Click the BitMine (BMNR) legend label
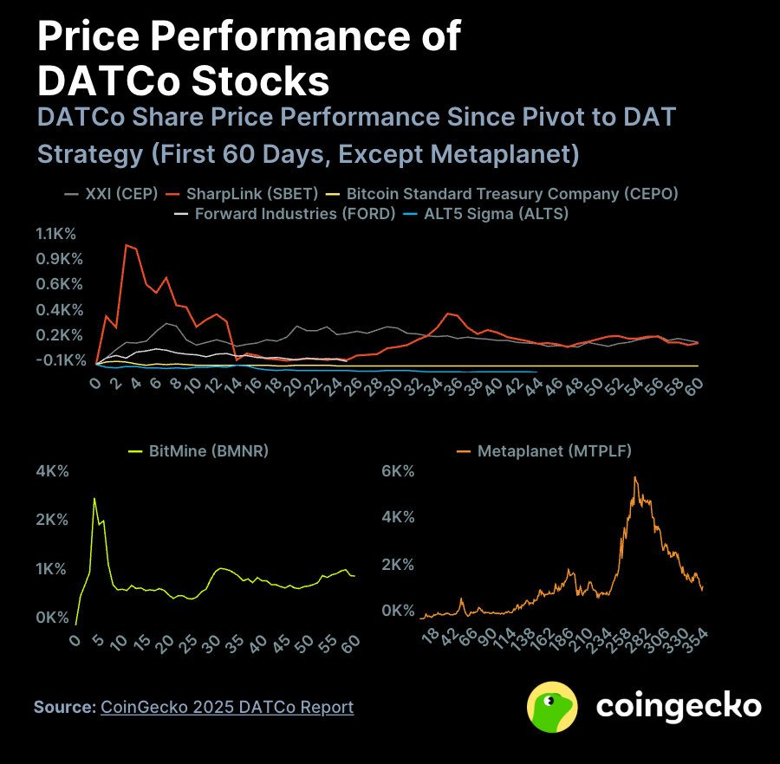pos(208,451)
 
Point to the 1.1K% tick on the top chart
pos(57,234)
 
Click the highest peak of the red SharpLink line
pos(127,245)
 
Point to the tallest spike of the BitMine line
pos(94,498)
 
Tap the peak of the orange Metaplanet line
pos(635,477)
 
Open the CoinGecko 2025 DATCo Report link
pos(227,707)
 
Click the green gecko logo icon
pos(552,707)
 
